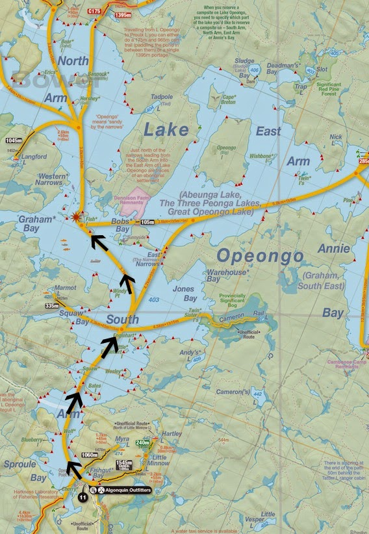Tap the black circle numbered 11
(83, 496)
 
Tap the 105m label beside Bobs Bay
(148, 222)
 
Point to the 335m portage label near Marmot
(50, 305)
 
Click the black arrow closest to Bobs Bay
(98, 242)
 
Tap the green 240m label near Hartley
(142, 443)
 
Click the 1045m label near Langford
(13, 140)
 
